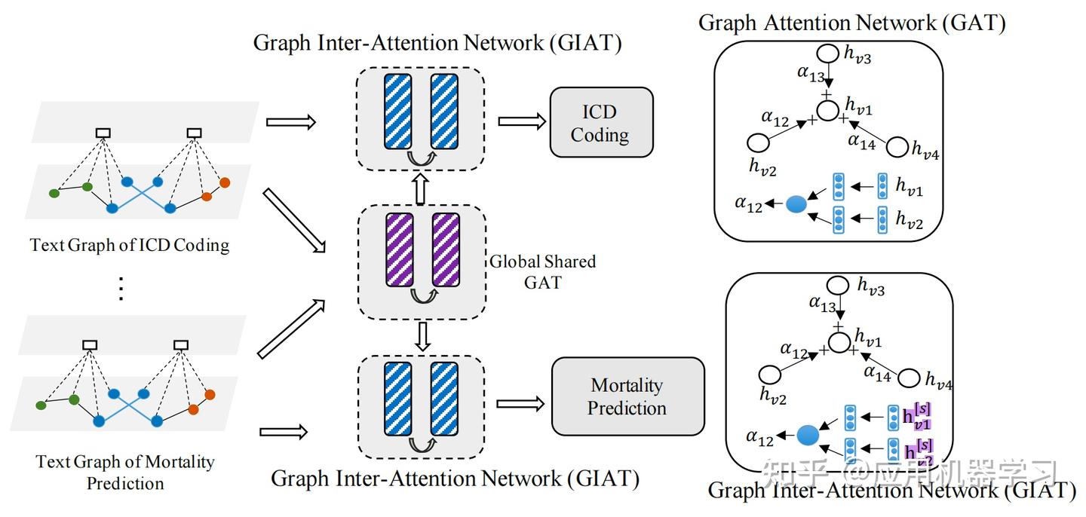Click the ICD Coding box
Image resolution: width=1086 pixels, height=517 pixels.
(601, 123)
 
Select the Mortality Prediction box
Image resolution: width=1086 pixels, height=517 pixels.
(627, 396)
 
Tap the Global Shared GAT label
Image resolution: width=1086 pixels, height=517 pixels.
(543, 272)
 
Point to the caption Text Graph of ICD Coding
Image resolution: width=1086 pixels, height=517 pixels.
(130, 245)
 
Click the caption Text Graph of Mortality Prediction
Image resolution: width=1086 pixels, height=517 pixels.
(125, 472)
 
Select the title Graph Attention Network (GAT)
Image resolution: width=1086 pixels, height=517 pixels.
(852, 23)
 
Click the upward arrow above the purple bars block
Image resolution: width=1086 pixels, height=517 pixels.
(422, 190)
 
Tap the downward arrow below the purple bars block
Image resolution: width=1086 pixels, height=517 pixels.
(423, 335)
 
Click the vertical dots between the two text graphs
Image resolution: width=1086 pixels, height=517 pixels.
(122, 289)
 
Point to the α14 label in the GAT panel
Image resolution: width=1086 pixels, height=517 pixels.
(861, 140)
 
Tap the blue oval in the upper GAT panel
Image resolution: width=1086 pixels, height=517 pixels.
(796, 203)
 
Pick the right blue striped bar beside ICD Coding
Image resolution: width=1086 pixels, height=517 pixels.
(446, 112)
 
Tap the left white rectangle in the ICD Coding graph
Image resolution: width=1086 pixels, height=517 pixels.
(103, 133)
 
